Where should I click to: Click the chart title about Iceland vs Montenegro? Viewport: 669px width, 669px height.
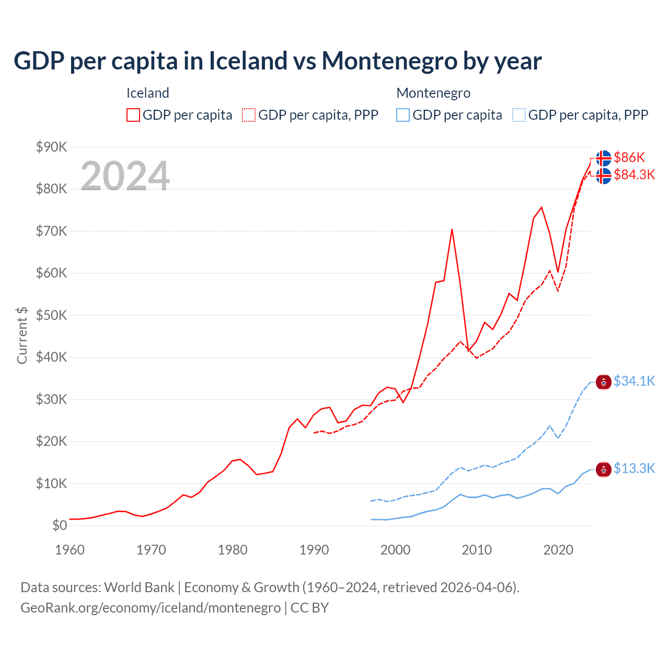tap(278, 61)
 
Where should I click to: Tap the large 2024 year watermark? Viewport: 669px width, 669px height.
tap(125, 176)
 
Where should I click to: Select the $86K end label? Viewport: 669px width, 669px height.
tap(629, 157)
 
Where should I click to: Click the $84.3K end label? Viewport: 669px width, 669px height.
tap(634, 175)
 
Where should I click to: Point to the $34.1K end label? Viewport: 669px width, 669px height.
tap(634, 381)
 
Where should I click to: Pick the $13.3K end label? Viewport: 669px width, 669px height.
tap(634, 468)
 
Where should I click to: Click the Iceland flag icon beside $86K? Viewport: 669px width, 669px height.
tap(604, 158)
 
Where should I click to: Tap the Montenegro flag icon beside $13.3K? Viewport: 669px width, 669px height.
tap(604, 470)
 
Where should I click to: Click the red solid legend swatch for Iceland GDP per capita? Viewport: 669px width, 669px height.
tap(133, 115)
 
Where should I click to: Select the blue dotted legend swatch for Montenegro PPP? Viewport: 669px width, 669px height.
tap(519, 115)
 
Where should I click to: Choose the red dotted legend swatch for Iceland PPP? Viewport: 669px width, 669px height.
tap(249, 115)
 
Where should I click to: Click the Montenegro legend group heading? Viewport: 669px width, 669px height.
tap(433, 93)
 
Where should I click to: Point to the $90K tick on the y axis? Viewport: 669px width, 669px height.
tap(51, 147)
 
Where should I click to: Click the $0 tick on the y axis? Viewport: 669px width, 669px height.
tap(60, 525)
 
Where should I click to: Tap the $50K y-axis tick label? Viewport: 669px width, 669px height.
tap(51, 315)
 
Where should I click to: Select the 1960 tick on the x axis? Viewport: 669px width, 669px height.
tap(70, 550)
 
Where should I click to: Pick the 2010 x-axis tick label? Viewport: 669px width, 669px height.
tap(477, 550)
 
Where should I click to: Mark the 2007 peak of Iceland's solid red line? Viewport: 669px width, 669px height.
tap(452, 229)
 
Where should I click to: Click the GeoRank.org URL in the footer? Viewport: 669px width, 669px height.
tap(151, 608)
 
